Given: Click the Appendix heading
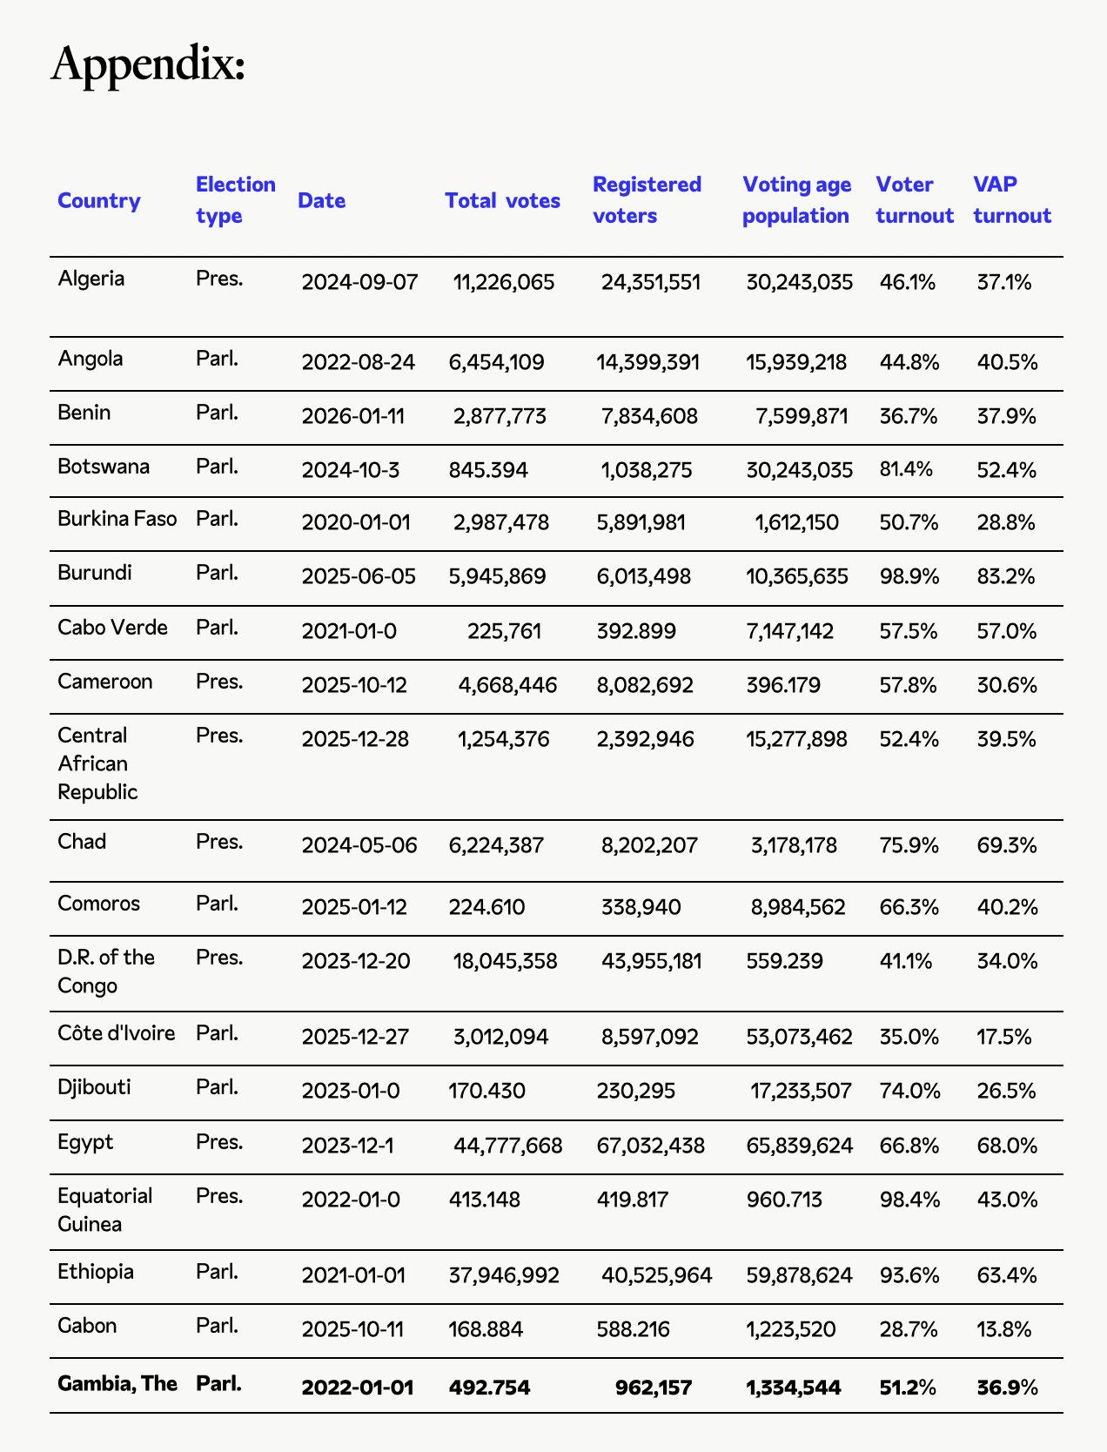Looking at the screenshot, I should (148, 64).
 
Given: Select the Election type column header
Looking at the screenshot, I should (235, 200).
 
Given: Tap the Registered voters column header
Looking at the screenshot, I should (647, 200).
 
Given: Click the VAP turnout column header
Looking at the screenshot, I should (1012, 200).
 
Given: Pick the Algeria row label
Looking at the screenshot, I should (91, 279).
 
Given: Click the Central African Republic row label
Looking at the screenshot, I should (97, 763).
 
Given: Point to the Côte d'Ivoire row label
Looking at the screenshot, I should (117, 1033).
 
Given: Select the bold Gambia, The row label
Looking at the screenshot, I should (117, 1383).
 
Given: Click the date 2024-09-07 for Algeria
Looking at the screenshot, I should (359, 282).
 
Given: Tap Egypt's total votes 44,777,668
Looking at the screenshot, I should (507, 1146).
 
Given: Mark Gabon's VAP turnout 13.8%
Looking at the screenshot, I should (1006, 1329).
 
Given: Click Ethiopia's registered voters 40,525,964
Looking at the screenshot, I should (656, 1275).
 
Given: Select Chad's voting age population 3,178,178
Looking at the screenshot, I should (794, 845).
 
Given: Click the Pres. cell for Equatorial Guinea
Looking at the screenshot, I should (219, 1196).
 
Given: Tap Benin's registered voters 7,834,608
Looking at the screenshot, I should (649, 416).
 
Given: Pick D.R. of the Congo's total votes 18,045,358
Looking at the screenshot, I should (505, 961).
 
